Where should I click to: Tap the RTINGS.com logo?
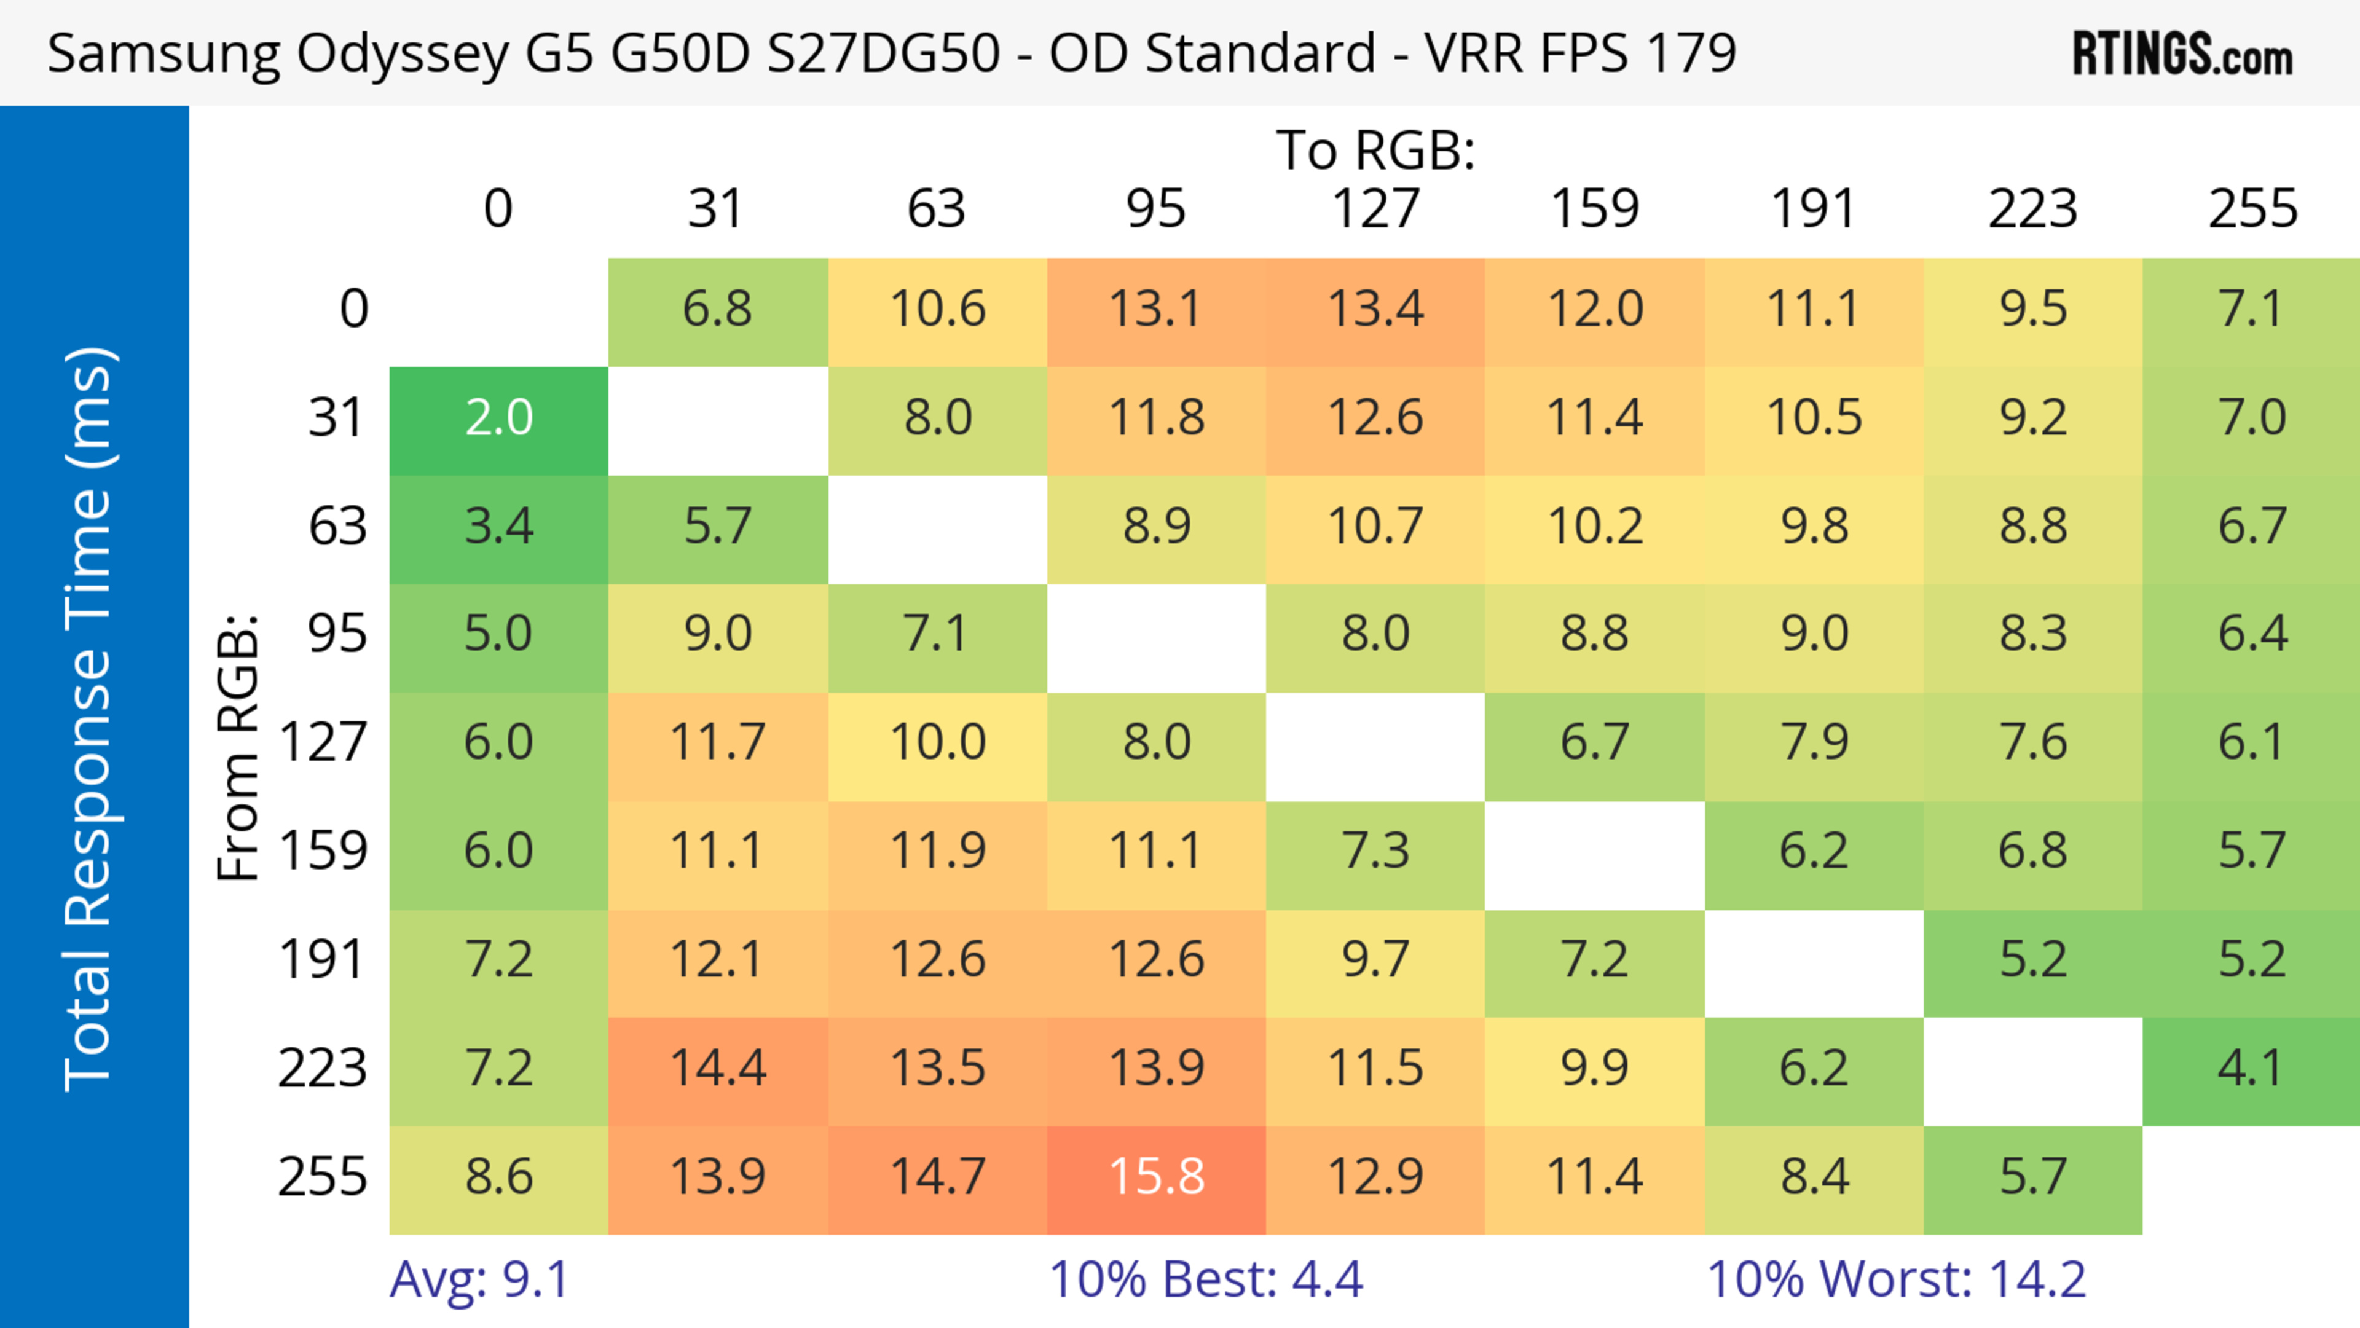tap(2182, 54)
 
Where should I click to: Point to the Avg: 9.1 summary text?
tap(479, 1279)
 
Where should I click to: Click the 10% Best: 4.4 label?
tap(1206, 1279)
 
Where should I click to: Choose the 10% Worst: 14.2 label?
tap(1897, 1279)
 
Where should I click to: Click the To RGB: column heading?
tap(1375, 150)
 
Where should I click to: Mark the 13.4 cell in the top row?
tap(1375, 310)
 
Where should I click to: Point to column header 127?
tap(1375, 209)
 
